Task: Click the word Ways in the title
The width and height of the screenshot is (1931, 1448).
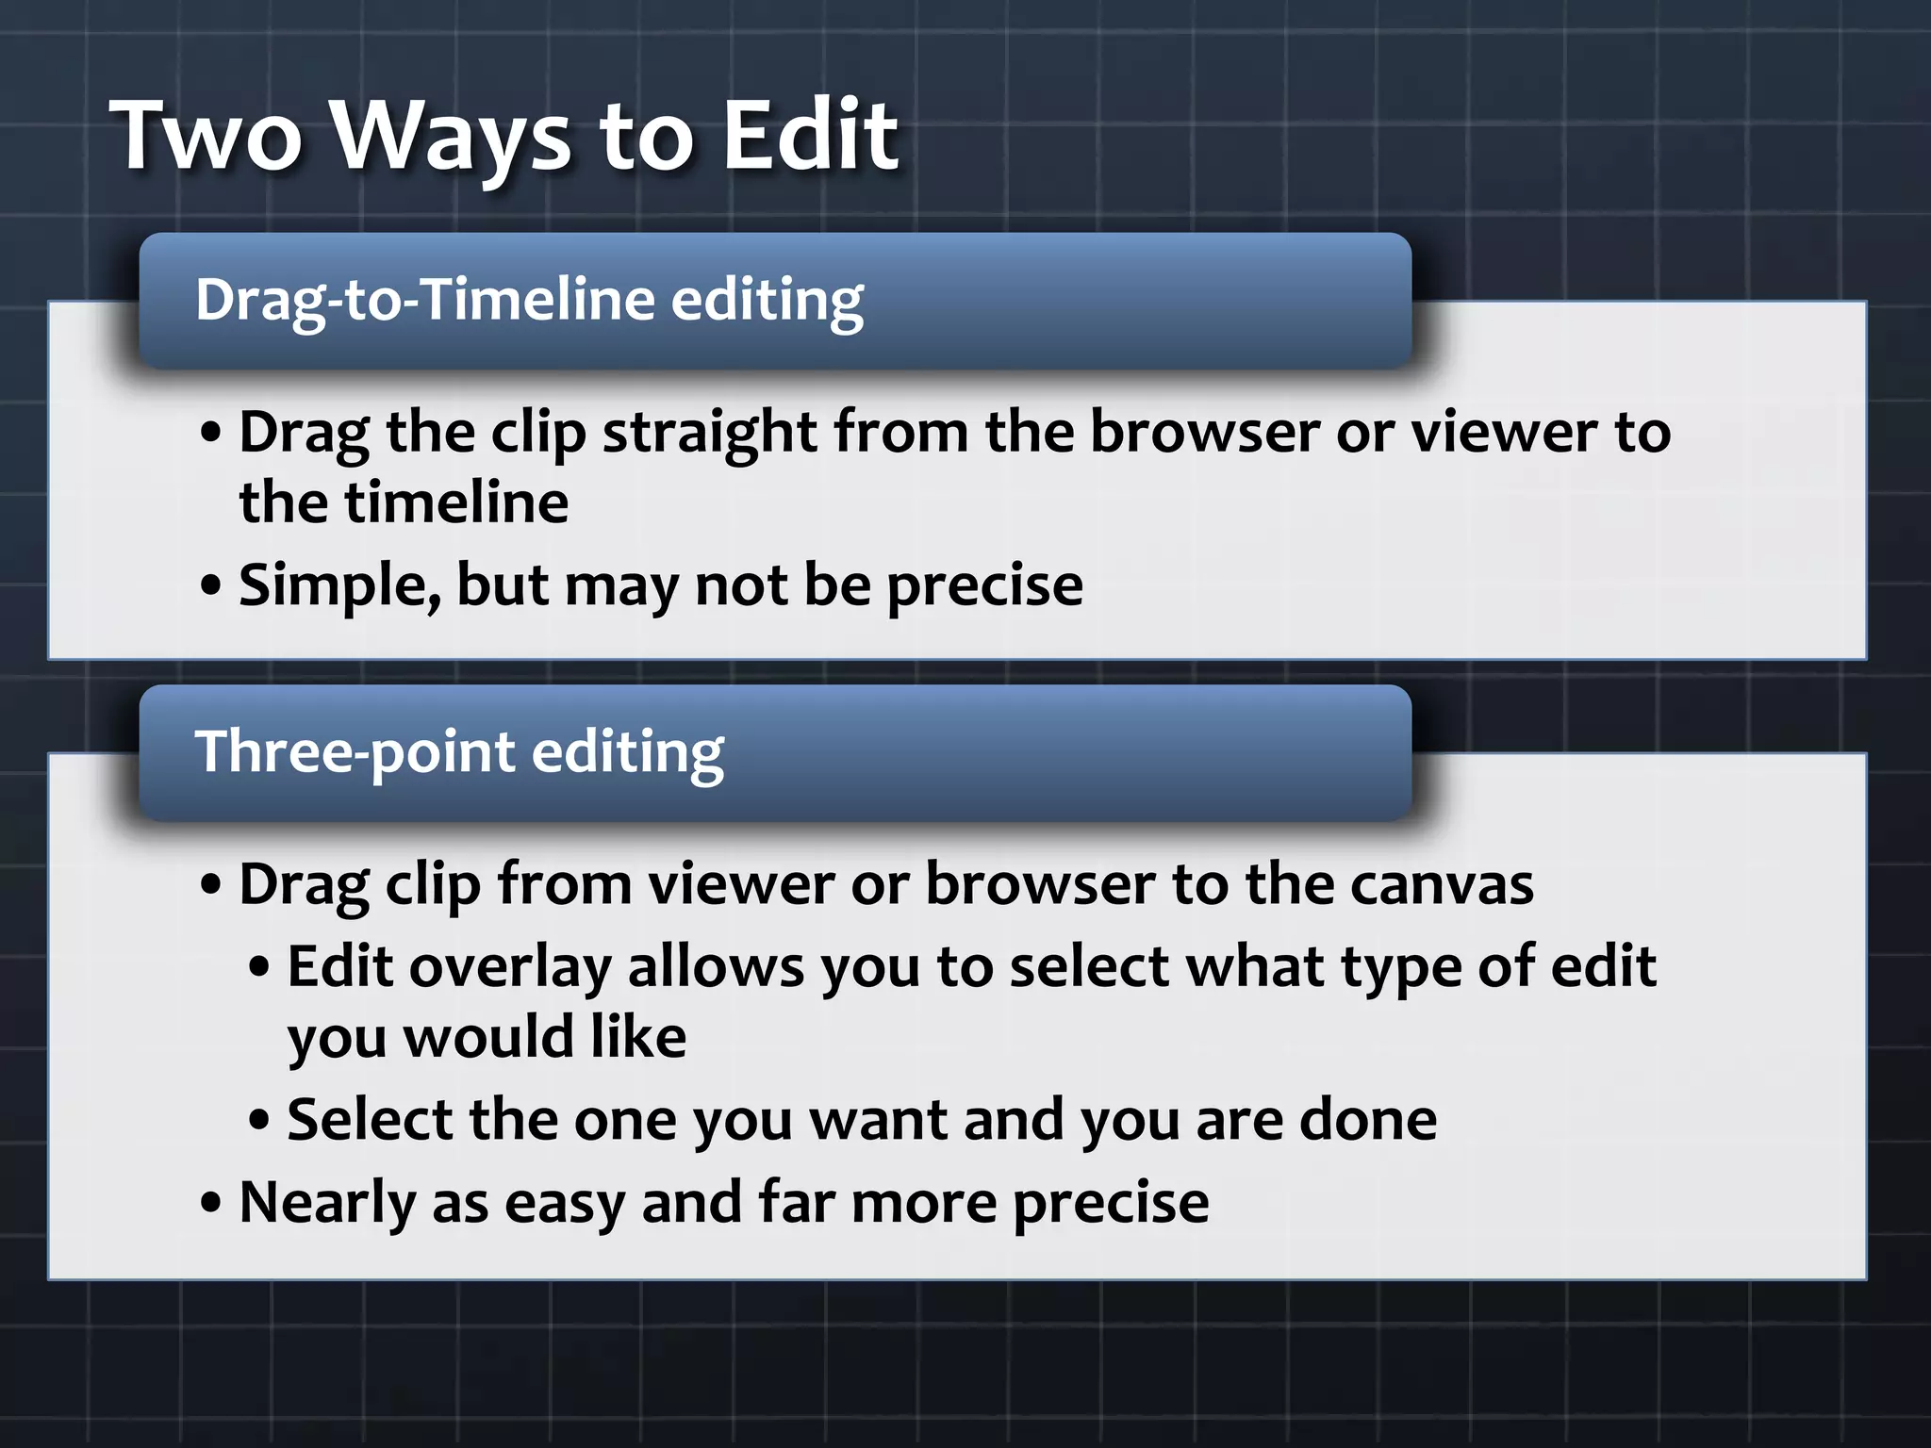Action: (453, 137)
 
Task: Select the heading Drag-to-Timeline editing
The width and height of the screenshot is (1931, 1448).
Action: (529, 300)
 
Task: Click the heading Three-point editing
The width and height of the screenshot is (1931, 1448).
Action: (459, 752)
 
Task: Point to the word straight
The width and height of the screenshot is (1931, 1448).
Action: (710, 433)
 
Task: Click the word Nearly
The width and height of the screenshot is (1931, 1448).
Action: (327, 1203)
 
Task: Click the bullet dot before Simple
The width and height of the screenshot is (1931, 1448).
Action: (212, 586)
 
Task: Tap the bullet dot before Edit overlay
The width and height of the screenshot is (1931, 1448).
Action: (260, 968)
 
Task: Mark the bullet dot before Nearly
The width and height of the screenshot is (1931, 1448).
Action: (212, 1203)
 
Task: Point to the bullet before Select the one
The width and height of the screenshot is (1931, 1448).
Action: (260, 1121)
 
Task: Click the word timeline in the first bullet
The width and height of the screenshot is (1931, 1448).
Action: (456, 502)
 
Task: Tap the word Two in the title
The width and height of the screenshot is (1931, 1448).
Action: (207, 137)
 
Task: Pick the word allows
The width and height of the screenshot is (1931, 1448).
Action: (716, 968)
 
